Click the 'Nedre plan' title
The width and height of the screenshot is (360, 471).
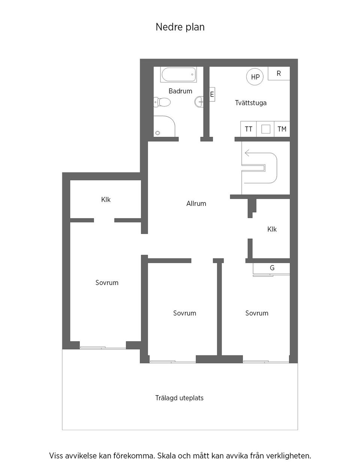pos(180,27)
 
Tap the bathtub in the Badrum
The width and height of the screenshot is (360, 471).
pos(178,75)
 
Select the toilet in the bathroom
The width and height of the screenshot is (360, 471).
pos(162,102)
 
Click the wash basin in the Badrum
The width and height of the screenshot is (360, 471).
pos(199,102)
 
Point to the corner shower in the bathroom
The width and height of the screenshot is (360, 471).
pos(164,126)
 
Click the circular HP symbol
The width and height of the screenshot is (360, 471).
pos(255,77)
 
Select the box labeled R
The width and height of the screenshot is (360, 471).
pos(279,73)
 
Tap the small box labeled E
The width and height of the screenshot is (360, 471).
pos(212,94)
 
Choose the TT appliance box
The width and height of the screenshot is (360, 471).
pos(249,129)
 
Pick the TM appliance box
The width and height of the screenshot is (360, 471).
pos(282,129)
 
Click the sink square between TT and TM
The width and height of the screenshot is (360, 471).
pos(265,129)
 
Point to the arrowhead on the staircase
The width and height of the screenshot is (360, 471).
pos(247,153)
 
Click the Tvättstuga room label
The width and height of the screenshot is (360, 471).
pos(250,103)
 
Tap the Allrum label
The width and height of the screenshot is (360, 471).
pos(196,203)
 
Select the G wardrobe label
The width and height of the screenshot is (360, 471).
pos(272,268)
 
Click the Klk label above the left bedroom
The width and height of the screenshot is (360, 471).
pos(106,199)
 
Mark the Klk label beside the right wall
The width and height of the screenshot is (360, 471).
pos(272,229)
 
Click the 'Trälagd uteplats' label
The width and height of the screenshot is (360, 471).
pos(179,398)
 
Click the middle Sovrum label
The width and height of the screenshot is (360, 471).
pos(184,313)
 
